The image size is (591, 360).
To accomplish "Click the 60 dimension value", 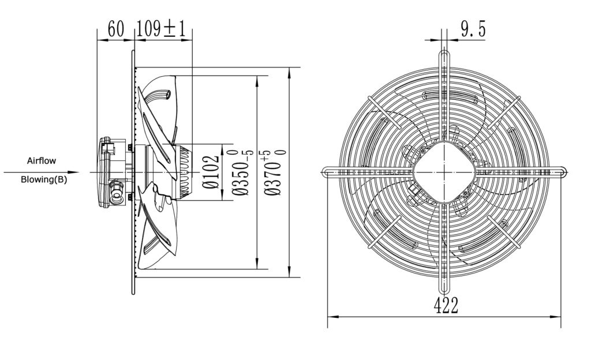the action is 115,29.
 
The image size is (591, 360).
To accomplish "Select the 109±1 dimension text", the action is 162,29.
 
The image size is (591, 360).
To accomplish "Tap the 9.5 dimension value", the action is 473,29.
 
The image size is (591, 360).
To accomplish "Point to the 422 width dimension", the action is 446,305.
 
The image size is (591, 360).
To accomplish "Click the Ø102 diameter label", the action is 211,172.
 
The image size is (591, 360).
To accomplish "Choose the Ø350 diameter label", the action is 242,172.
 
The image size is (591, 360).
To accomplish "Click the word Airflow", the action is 42,161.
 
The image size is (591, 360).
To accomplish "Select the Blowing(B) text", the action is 44,179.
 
